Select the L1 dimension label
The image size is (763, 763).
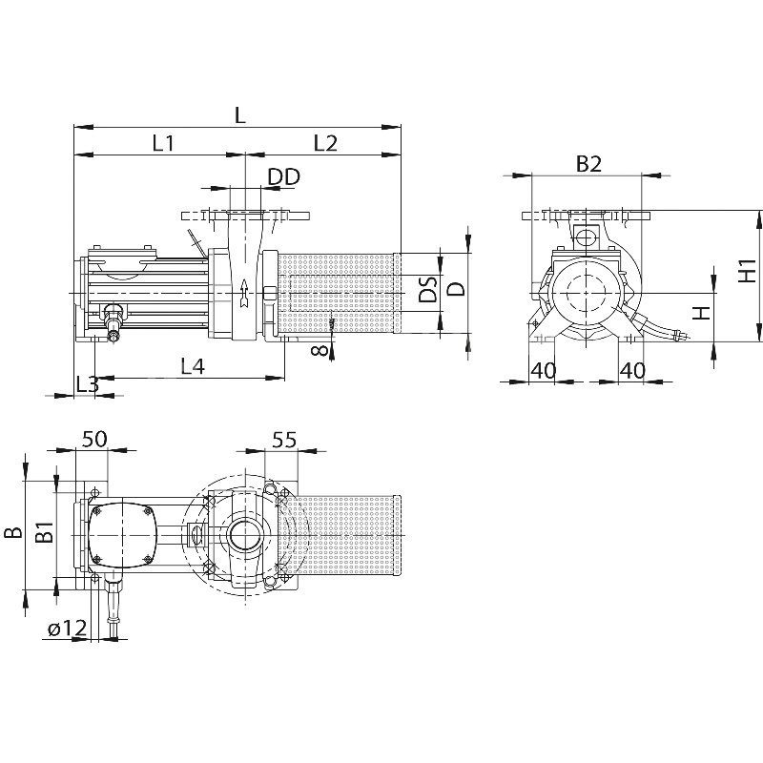(162, 143)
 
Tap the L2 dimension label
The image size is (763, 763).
(325, 143)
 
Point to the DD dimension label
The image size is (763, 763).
(283, 176)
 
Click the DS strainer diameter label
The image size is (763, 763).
(429, 291)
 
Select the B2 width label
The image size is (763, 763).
(588, 164)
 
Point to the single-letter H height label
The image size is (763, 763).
(701, 312)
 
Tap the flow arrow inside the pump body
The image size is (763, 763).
(244, 295)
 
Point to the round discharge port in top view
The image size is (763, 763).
(244, 535)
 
